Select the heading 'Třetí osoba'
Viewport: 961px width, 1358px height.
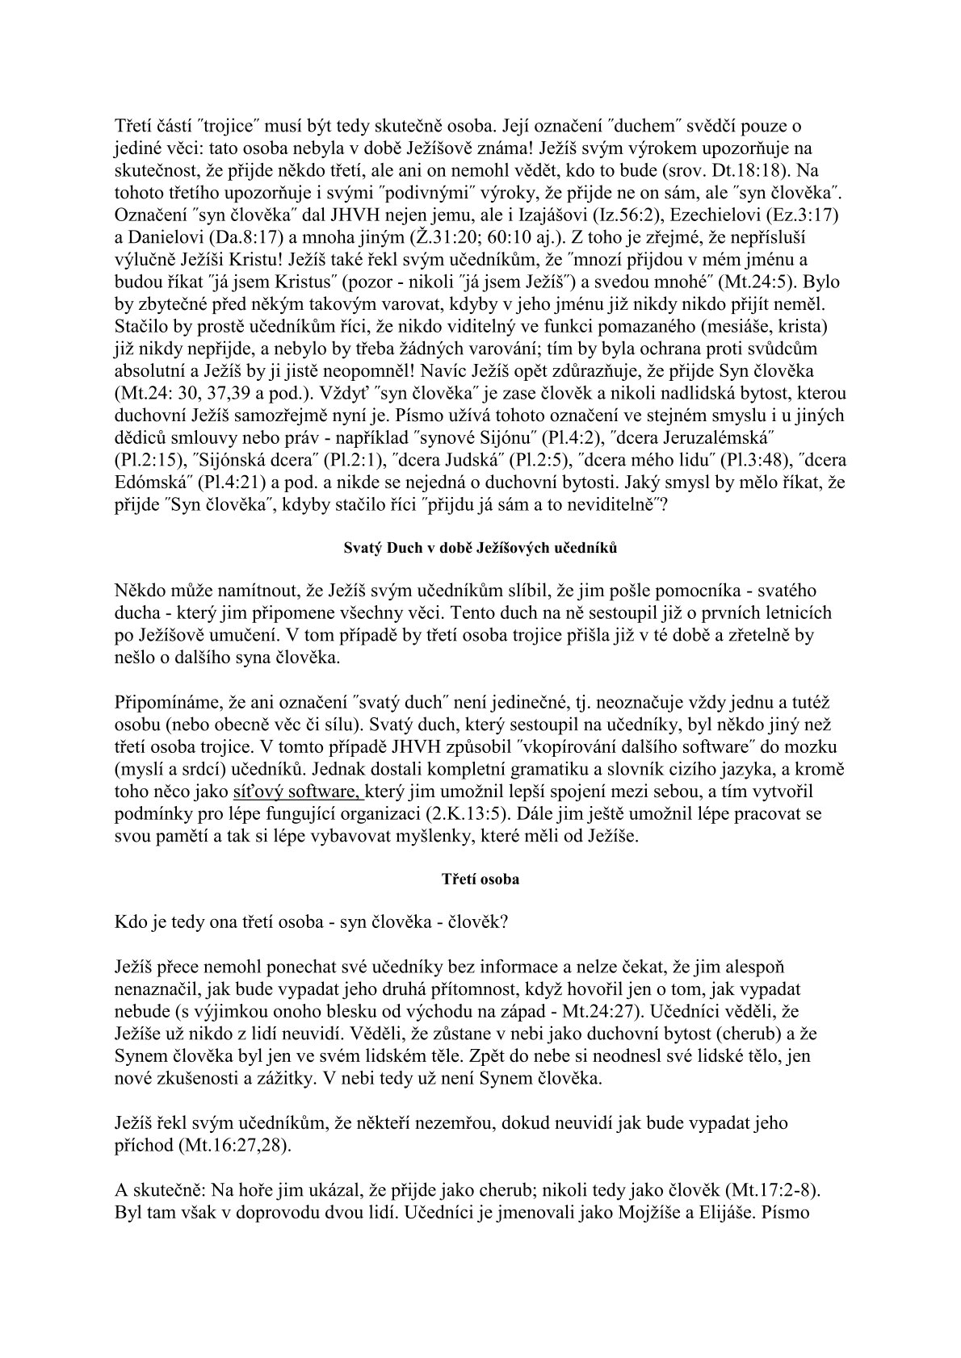pos(480,880)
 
